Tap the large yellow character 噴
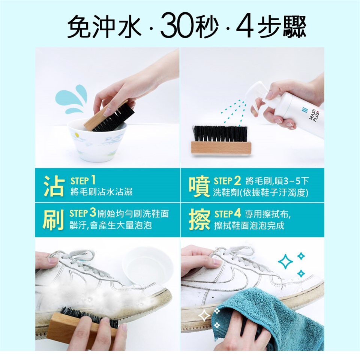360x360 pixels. (x=199, y=186)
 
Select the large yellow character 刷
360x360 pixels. (x=53, y=220)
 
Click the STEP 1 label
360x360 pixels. (x=83, y=181)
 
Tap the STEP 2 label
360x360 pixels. (x=227, y=181)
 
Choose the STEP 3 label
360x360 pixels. (x=82, y=213)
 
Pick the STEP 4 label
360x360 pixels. (x=228, y=214)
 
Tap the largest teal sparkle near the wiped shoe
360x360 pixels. (x=285, y=261)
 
